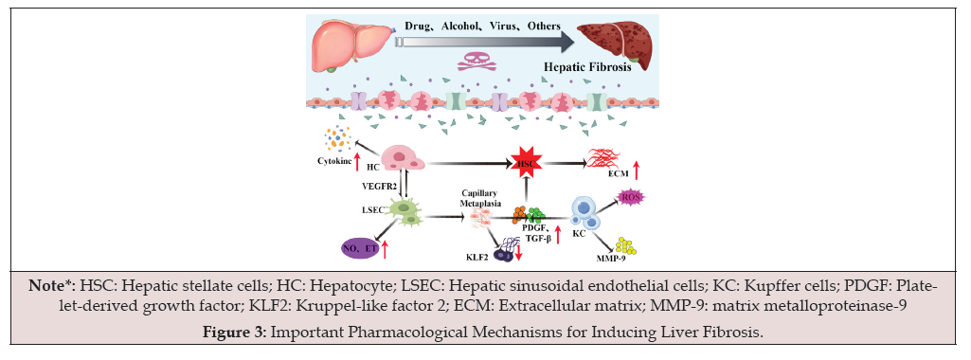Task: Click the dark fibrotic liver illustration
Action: click(611, 45)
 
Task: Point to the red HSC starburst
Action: click(522, 164)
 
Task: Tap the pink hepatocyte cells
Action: click(404, 159)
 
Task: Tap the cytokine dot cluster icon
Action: click(335, 142)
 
